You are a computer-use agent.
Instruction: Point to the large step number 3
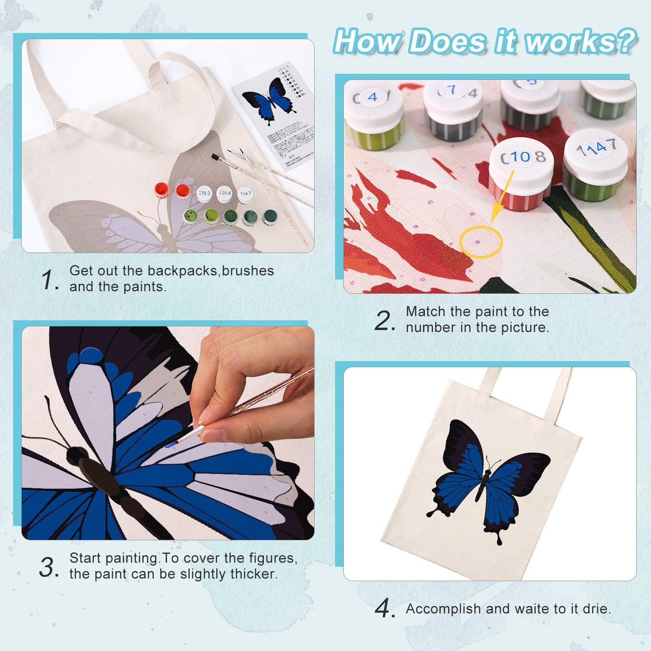[48, 567]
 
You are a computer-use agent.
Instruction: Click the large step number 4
[384, 609]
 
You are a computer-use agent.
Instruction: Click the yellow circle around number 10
[480, 242]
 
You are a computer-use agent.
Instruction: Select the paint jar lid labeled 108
[521, 158]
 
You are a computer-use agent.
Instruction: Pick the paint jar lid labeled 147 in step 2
[595, 148]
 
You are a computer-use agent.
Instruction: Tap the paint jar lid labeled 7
[452, 91]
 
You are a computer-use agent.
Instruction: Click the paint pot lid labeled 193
[204, 193]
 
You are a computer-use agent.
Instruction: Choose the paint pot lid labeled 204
[224, 193]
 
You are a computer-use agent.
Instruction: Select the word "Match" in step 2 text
[426, 312]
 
